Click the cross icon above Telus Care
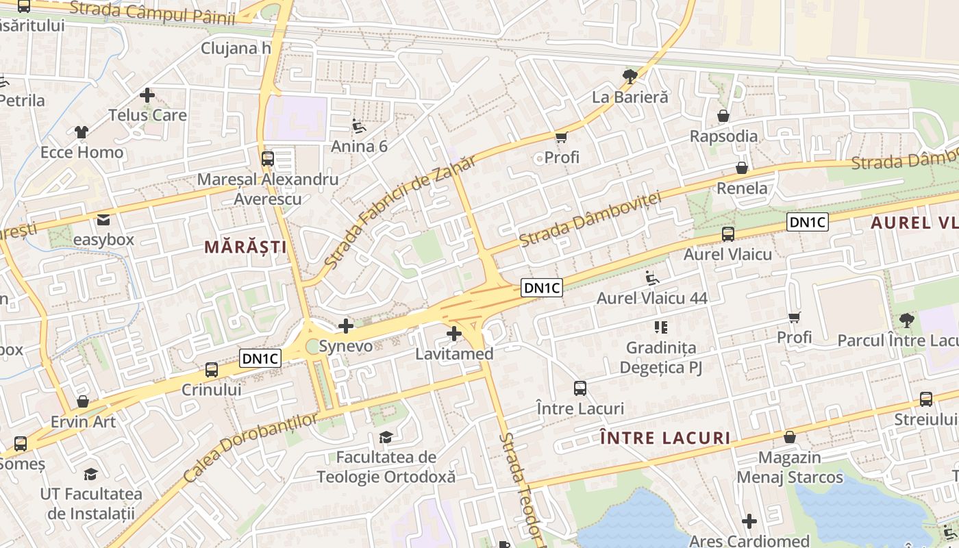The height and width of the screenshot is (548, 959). [x=147, y=95]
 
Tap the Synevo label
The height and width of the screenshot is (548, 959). [x=346, y=346]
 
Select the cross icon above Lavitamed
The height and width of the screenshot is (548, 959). [x=453, y=334]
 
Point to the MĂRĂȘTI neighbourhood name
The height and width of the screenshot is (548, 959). [x=245, y=247]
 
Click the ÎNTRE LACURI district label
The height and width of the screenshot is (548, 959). [x=664, y=438]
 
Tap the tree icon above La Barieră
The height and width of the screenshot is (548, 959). [x=630, y=76]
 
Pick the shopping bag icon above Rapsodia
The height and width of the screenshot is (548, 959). [x=723, y=116]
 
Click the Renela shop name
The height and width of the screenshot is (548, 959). [x=742, y=188]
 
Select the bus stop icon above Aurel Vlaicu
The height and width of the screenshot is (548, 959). [x=727, y=234]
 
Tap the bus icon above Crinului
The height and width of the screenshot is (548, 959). [x=212, y=370]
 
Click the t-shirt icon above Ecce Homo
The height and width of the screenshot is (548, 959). [x=82, y=132]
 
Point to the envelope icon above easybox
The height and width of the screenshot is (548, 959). [x=103, y=220]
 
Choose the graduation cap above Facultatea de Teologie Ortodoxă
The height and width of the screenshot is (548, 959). [x=386, y=437]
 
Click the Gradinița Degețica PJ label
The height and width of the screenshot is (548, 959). [x=661, y=358]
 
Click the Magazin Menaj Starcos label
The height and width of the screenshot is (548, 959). [x=790, y=467]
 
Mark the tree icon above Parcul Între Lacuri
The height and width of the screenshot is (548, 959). [x=906, y=320]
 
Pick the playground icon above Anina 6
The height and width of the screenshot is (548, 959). [x=359, y=126]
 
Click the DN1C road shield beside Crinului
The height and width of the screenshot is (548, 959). [x=261, y=358]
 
